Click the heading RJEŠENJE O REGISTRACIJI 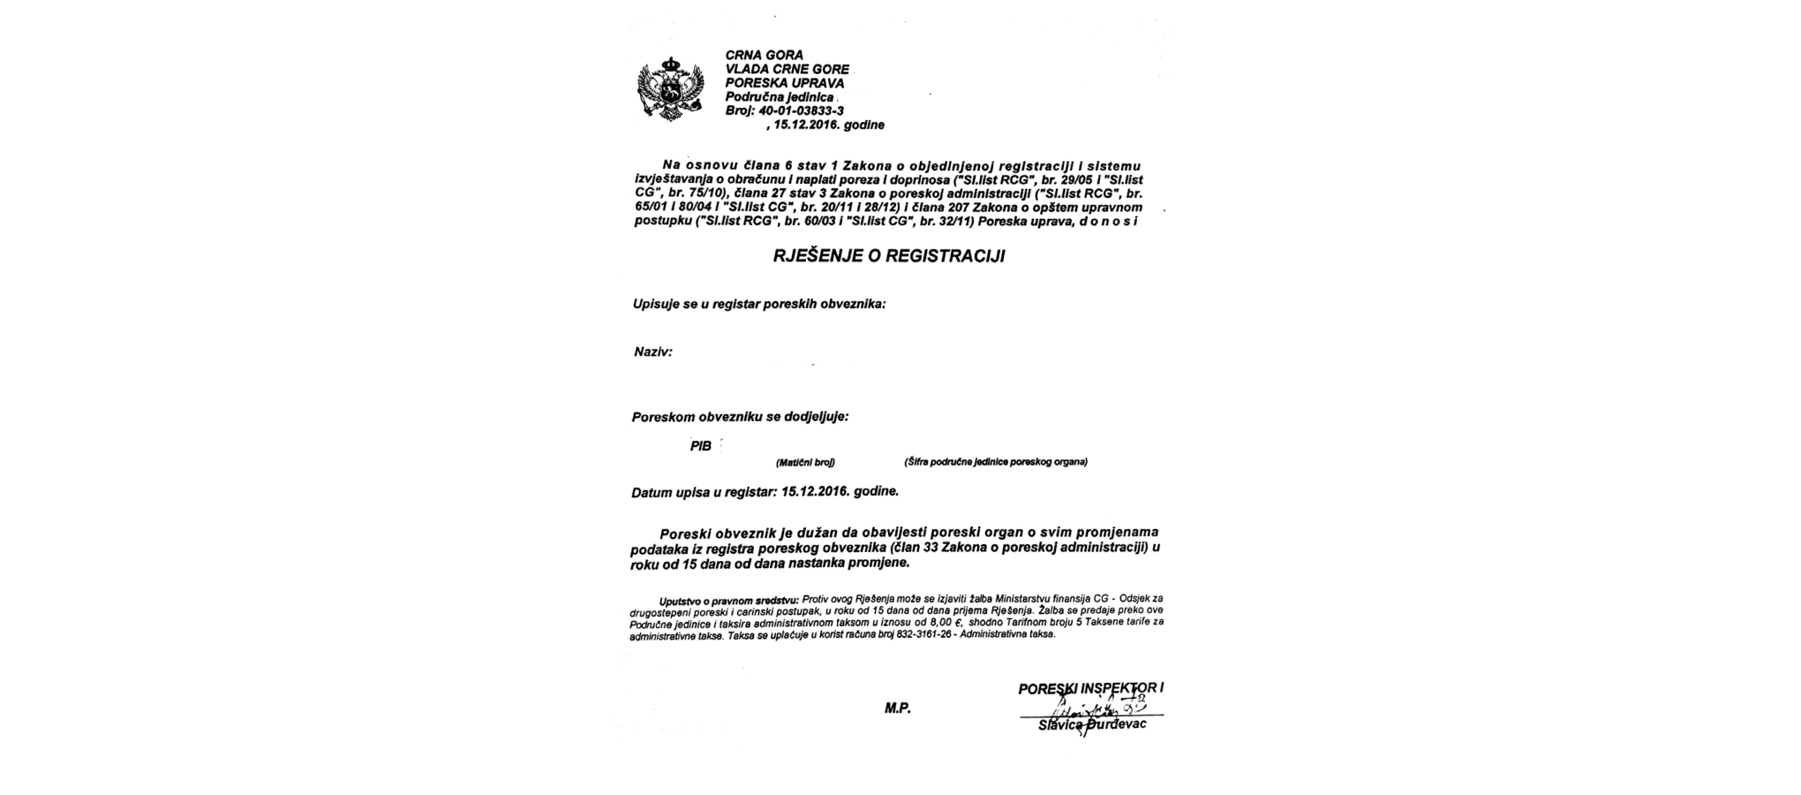point(889,257)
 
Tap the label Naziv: point(652,352)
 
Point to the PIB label point(700,446)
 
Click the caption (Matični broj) point(804,462)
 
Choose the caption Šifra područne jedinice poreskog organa point(995,462)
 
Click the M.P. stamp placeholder point(897,708)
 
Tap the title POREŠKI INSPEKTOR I point(1090,689)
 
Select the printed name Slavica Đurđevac point(1092,724)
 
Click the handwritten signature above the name point(1095,708)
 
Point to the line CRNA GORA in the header point(765,55)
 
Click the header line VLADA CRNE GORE point(787,69)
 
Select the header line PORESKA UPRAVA point(784,83)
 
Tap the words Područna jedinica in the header point(779,96)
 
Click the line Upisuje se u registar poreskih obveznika point(758,304)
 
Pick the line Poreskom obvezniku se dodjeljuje point(740,417)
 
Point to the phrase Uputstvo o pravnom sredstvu point(728,601)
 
